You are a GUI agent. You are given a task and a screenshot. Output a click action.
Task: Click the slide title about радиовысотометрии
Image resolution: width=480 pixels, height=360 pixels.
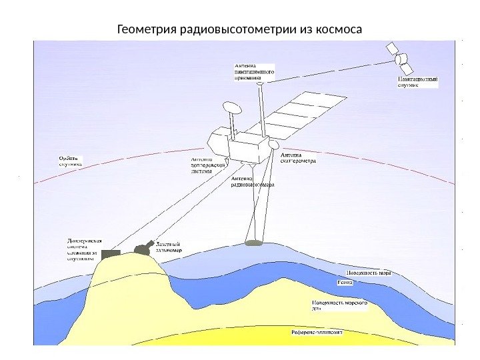239,30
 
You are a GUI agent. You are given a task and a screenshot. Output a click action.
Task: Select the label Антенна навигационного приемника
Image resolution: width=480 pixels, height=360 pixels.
253,71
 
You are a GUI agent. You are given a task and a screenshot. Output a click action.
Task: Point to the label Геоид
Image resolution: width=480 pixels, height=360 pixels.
345,283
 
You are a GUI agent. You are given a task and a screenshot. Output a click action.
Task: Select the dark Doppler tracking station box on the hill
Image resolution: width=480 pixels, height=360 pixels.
111,253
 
